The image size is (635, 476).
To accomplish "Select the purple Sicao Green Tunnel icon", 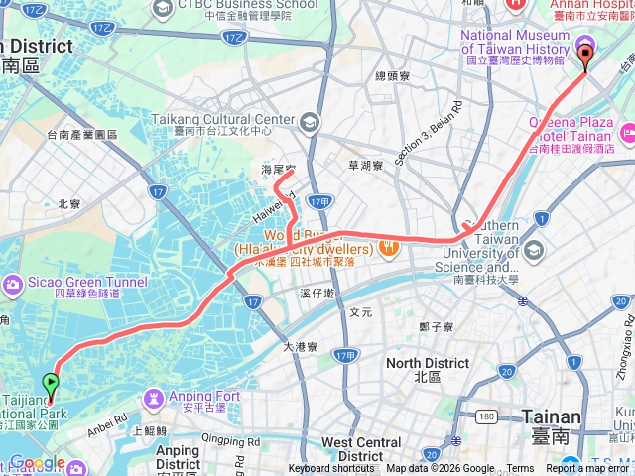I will [x=13, y=286].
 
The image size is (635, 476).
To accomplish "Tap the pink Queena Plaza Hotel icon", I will [x=627, y=132].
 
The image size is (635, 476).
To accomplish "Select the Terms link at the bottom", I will [x=520, y=469].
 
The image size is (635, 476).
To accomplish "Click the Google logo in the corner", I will [x=37, y=463].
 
